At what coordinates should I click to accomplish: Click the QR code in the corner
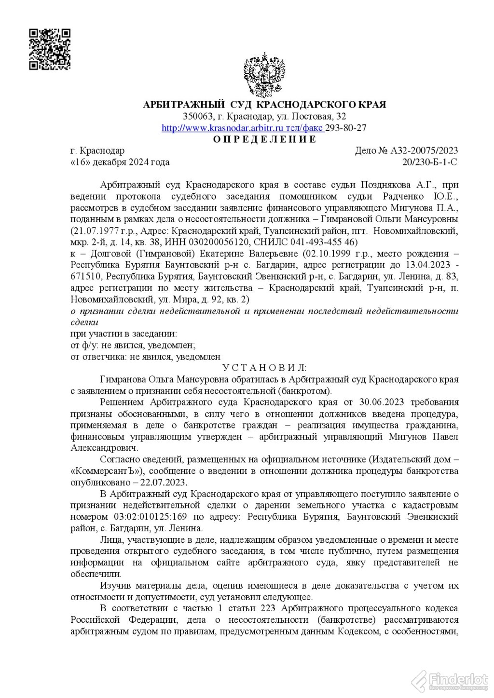[50, 49]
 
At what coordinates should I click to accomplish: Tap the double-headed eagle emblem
[264, 75]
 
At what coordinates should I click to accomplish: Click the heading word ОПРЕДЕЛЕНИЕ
[265, 140]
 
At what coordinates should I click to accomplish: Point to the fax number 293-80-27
[346, 128]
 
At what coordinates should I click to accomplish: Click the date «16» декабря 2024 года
[120, 162]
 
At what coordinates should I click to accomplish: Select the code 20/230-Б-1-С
[429, 162]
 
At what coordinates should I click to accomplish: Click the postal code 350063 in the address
[198, 117]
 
